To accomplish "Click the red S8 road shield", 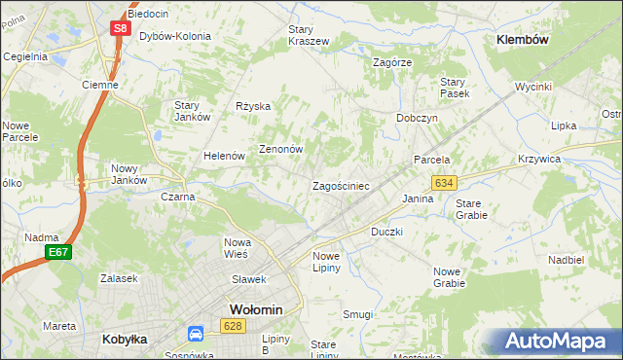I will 119,28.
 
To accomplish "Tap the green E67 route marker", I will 57,253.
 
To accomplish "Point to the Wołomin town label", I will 255,309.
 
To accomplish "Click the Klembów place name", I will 523,40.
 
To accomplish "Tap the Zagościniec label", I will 340,185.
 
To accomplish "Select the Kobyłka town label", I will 125,340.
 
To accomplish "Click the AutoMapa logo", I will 559,341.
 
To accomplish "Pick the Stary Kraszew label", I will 309,35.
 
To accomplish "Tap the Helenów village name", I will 222,156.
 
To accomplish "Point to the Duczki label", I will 386,233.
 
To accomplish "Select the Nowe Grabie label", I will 449,277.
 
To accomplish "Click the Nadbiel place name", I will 566,260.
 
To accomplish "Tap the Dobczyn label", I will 417,118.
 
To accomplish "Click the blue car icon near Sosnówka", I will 196,334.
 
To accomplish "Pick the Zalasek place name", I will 119,277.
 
